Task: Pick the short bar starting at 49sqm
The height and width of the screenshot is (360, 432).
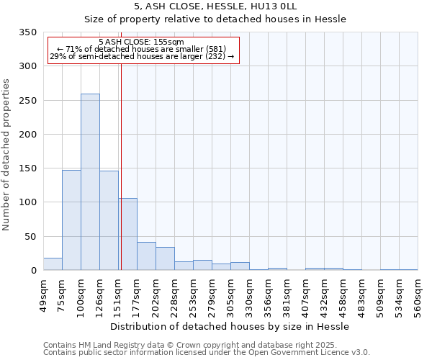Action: (x=53, y=264)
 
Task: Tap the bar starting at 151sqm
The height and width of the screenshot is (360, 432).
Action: (x=128, y=235)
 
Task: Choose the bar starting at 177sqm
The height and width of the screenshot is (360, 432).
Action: (x=146, y=256)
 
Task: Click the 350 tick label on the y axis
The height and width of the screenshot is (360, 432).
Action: (x=27, y=32)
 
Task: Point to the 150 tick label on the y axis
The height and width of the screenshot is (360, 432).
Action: (x=27, y=168)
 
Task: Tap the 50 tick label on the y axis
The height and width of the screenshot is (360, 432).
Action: (x=30, y=237)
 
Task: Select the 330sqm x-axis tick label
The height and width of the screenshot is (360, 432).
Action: (x=249, y=297)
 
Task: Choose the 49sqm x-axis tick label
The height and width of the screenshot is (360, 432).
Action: (x=43, y=297)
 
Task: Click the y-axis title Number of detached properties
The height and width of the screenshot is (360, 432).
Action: (x=7, y=155)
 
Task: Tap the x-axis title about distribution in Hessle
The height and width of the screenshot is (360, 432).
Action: (x=230, y=326)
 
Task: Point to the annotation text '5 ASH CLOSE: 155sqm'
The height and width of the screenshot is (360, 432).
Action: (x=141, y=42)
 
